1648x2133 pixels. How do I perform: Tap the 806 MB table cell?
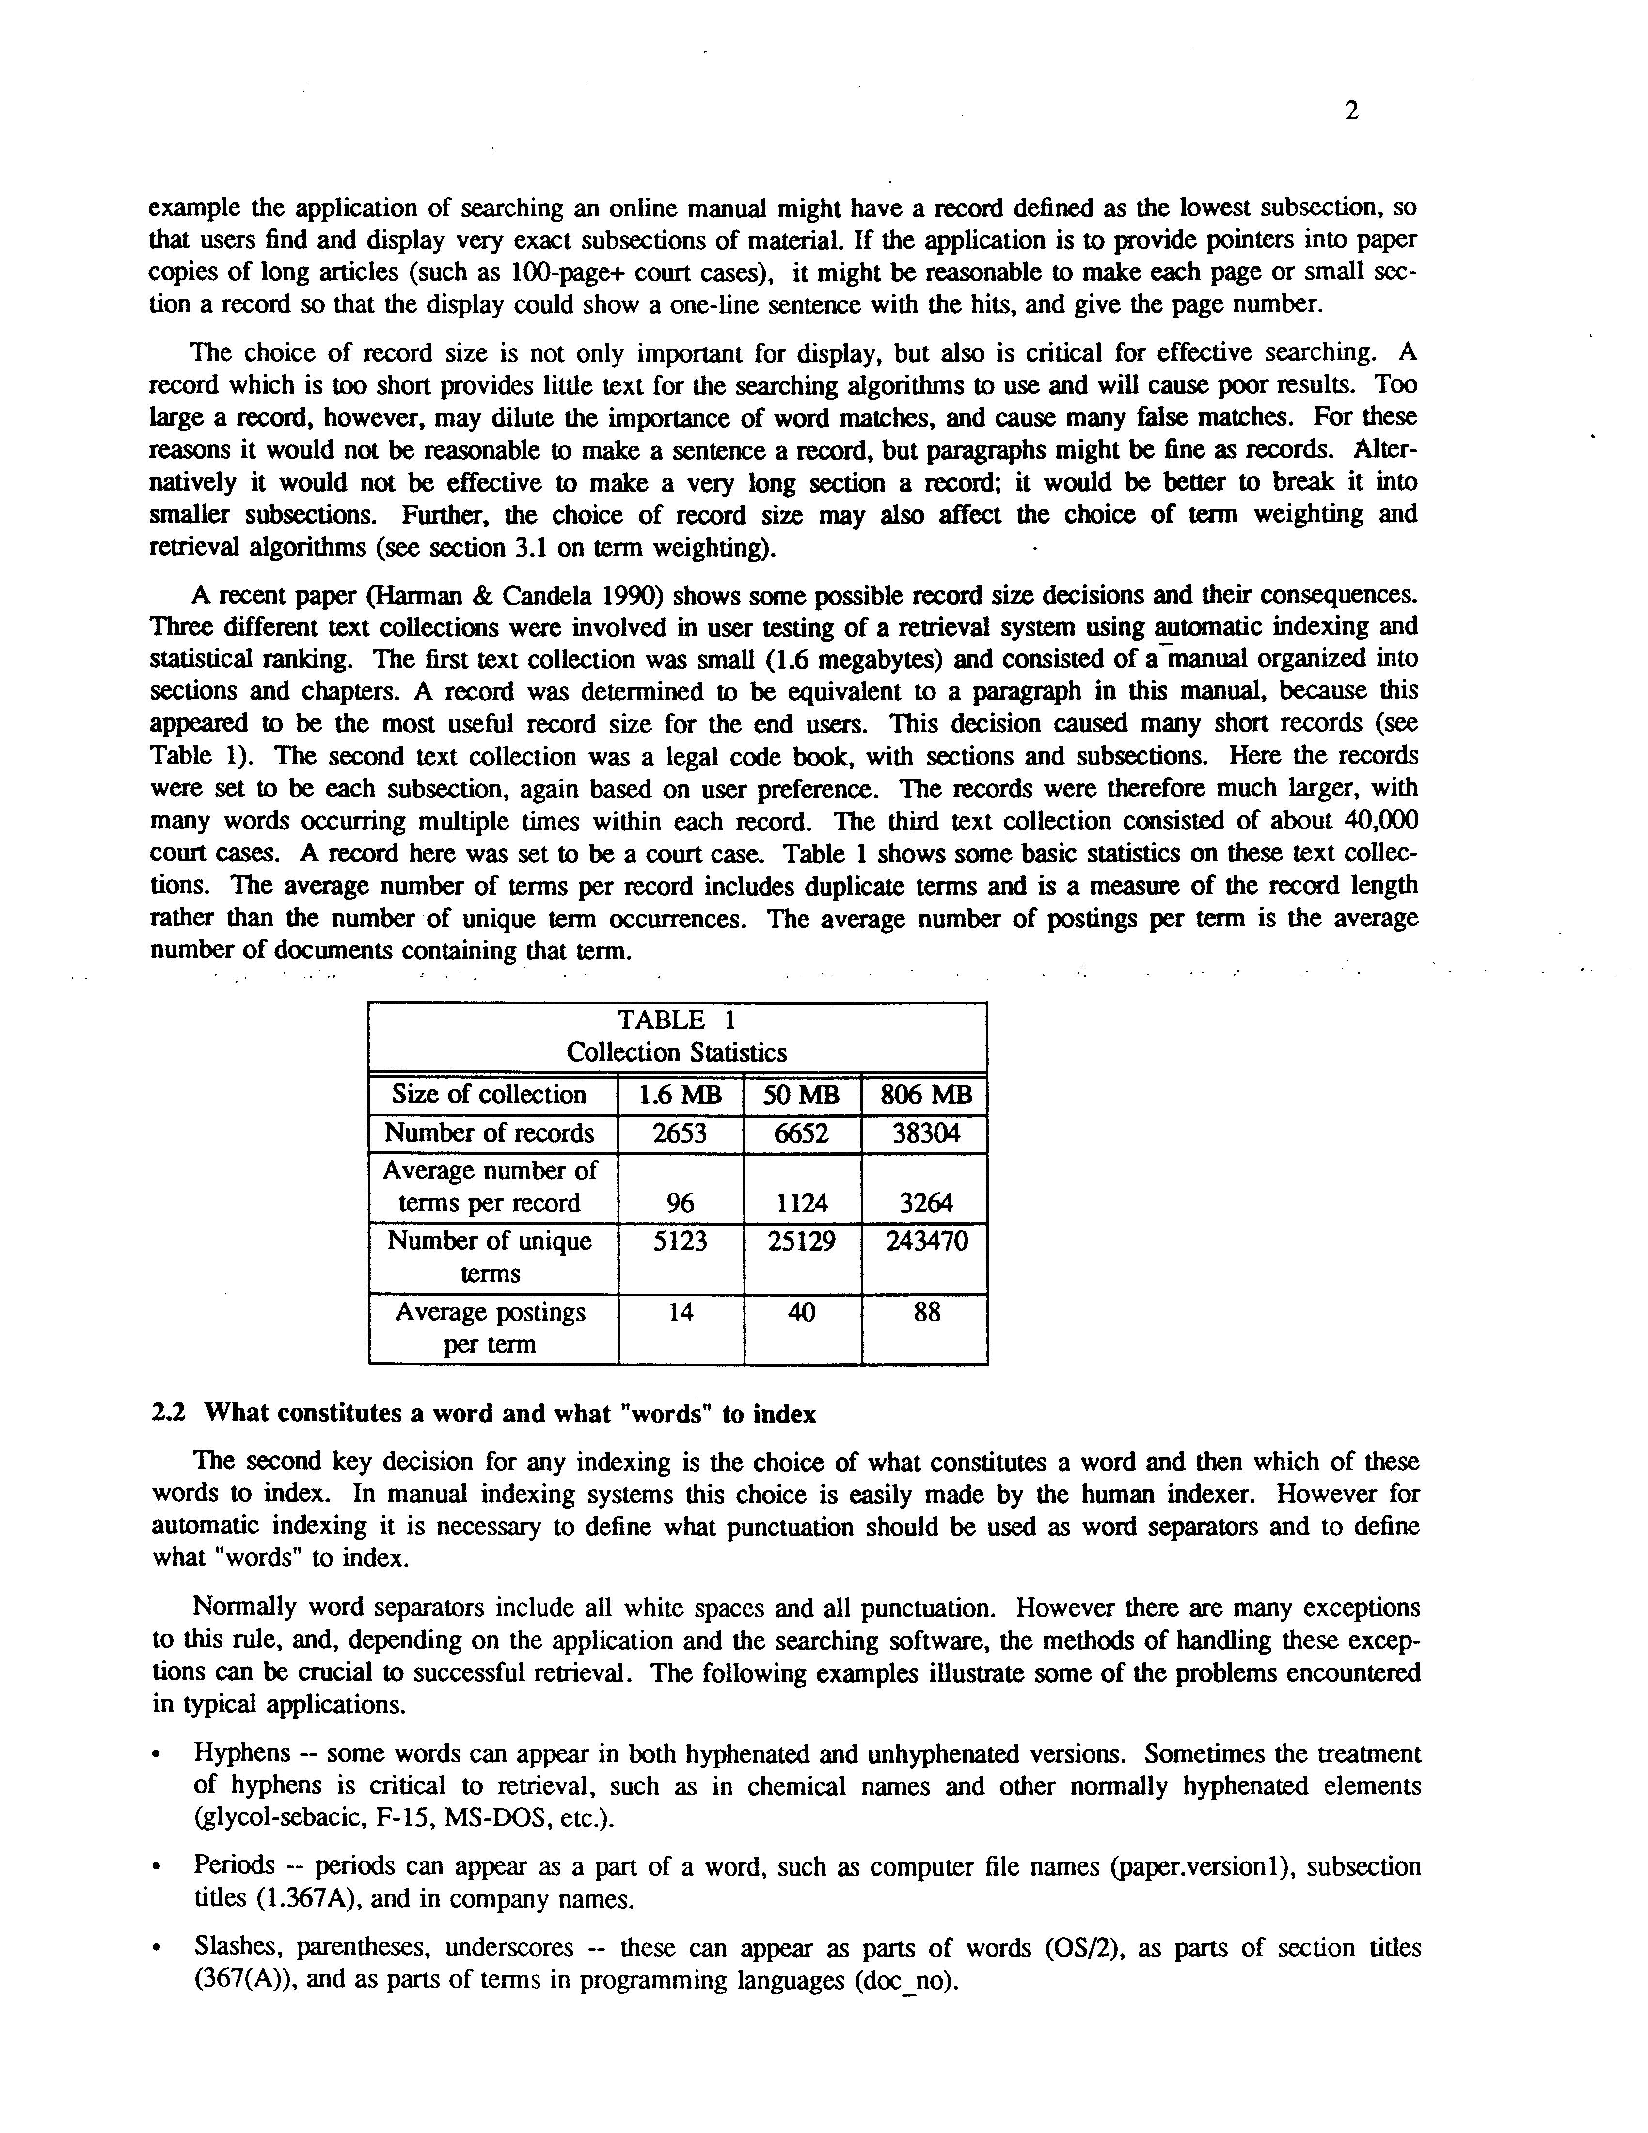[x=924, y=1095]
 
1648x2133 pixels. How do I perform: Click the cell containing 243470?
[x=924, y=1242]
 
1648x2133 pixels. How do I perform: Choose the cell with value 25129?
[x=802, y=1242]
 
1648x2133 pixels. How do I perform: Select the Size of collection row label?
[x=489, y=1095]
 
